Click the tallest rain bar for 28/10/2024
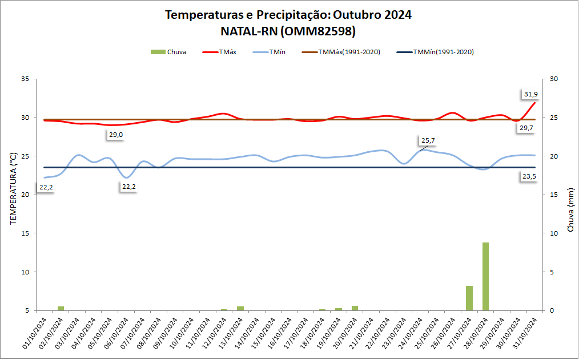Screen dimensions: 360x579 click(485, 277)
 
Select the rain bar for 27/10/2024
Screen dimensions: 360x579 click(469, 298)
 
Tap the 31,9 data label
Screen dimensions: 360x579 click(530, 94)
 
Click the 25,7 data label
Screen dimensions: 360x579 click(428, 140)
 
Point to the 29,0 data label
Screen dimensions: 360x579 click(116, 135)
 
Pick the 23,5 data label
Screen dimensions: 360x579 click(529, 177)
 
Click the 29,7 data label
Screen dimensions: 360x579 click(526, 128)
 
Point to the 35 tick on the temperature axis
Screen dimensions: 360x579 click(25, 79)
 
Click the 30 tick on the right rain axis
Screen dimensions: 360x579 click(553, 79)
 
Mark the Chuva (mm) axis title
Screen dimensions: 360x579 click(570, 211)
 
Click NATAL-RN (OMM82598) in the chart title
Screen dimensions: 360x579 click(288, 30)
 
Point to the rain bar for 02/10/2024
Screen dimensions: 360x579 click(61, 309)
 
